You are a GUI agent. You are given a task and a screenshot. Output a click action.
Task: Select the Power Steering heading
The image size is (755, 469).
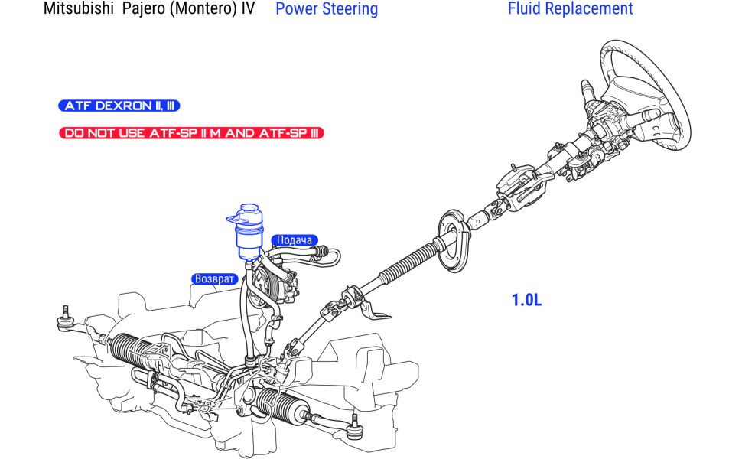326,9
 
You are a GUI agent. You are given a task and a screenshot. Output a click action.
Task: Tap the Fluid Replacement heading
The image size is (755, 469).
570,9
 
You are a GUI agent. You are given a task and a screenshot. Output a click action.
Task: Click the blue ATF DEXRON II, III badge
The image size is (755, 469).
119,106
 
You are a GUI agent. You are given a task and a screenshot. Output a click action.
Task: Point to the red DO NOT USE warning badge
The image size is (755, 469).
191,133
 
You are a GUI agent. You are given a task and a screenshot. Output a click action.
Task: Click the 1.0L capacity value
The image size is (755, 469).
526,300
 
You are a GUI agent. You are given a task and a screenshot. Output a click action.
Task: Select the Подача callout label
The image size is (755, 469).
295,240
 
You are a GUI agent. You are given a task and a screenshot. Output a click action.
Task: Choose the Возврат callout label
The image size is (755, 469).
213,279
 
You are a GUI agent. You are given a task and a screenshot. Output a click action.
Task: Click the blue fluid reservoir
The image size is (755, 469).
248,233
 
